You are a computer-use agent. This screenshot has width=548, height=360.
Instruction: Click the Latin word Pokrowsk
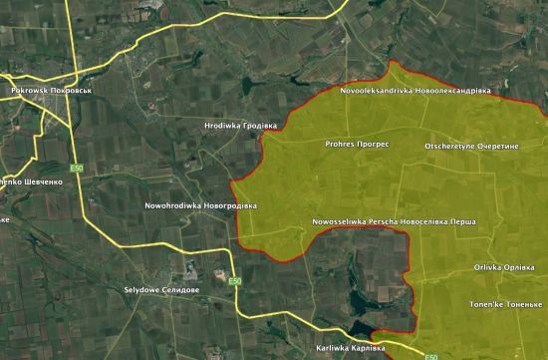(x=29, y=91)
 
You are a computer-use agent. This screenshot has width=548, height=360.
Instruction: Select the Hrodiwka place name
(x=220, y=126)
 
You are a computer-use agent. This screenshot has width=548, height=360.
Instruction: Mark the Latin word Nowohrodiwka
(x=170, y=205)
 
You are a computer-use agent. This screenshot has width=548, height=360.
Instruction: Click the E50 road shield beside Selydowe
(x=234, y=283)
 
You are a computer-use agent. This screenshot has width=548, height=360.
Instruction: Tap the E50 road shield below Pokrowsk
(x=77, y=169)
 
